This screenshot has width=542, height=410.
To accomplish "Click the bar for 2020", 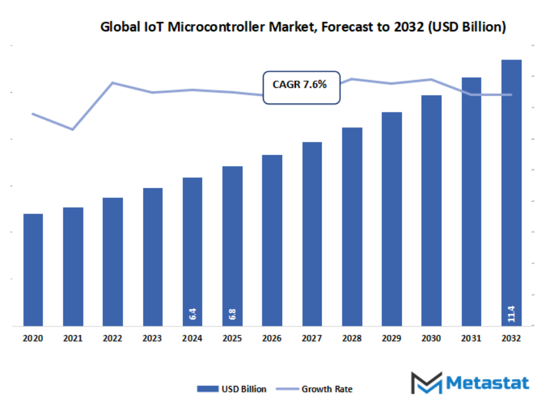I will (33, 270).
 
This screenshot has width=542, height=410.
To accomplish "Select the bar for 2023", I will (153, 257).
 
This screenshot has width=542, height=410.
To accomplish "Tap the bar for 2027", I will (312, 234).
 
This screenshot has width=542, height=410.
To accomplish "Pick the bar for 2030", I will (431, 210).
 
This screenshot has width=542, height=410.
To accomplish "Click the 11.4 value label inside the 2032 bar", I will (511, 314).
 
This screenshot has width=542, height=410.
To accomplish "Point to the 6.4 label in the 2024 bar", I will (192, 314).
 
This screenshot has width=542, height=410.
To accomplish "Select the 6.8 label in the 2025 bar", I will (232, 314).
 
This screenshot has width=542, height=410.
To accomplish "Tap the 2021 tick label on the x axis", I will (73, 339).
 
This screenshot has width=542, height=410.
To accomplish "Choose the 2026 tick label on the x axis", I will (272, 339).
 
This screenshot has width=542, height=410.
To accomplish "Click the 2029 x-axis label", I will (392, 339).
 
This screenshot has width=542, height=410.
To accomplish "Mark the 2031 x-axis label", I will (471, 339).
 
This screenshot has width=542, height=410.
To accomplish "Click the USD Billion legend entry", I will (232, 389).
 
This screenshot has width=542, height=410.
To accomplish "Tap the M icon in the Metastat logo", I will (426, 383).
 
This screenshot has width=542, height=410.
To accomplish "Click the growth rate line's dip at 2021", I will (73, 129).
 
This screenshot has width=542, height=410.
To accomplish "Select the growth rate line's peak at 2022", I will (113, 82).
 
